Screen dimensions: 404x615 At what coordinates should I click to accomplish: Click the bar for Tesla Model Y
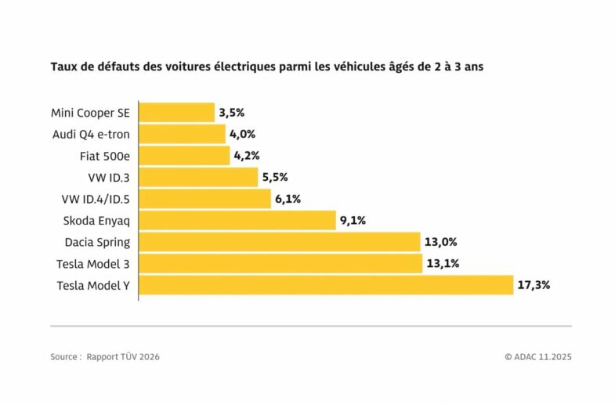326,285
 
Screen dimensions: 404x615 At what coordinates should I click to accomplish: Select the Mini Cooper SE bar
177,113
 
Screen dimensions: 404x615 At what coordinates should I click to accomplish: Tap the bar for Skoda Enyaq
237,220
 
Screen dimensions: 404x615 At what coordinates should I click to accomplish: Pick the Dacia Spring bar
280,242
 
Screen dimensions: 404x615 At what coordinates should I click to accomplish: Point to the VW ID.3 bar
198,177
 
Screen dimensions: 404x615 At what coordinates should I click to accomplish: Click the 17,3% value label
534,285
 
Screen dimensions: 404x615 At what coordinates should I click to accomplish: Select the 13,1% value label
442,264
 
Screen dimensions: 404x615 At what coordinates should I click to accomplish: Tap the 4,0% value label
242,134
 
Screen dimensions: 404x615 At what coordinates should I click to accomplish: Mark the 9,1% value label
352,220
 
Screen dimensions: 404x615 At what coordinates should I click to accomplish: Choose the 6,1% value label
288,199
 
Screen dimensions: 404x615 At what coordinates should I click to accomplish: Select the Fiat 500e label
104,156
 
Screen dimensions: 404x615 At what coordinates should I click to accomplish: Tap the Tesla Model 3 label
93,264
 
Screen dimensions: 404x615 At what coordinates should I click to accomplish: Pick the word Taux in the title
63,67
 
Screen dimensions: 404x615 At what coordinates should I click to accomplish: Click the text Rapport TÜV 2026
128,357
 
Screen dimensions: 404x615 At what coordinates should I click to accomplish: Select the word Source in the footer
64,357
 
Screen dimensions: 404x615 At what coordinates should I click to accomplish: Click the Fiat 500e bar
184,156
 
